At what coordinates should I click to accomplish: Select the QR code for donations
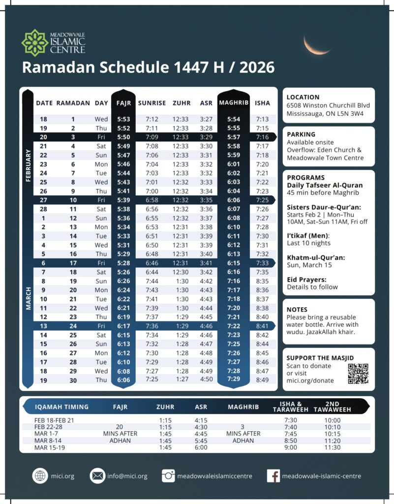(x=358, y=374)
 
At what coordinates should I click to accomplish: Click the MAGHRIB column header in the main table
(x=234, y=103)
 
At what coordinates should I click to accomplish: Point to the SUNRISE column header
(x=152, y=103)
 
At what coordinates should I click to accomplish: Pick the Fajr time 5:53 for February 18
(x=123, y=120)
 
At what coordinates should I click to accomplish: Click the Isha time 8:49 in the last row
(x=263, y=379)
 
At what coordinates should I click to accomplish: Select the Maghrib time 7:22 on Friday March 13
(x=234, y=326)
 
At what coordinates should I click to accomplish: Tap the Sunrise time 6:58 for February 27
(x=152, y=199)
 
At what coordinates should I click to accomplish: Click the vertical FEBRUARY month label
(x=28, y=166)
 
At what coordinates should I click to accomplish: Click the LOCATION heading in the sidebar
(x=303, y=97)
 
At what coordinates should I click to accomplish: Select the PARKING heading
(x=301, y=134)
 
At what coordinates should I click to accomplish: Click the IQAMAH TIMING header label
(x=62, y=407)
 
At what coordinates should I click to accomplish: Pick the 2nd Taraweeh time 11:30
(x=332, y=447)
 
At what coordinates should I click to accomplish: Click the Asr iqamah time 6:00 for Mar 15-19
(x=201, y=447)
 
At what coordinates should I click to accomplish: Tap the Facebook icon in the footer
(x=273, y=476)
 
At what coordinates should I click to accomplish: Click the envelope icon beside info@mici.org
(x=98, y=476)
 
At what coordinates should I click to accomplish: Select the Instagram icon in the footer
(x=169, y=476)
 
